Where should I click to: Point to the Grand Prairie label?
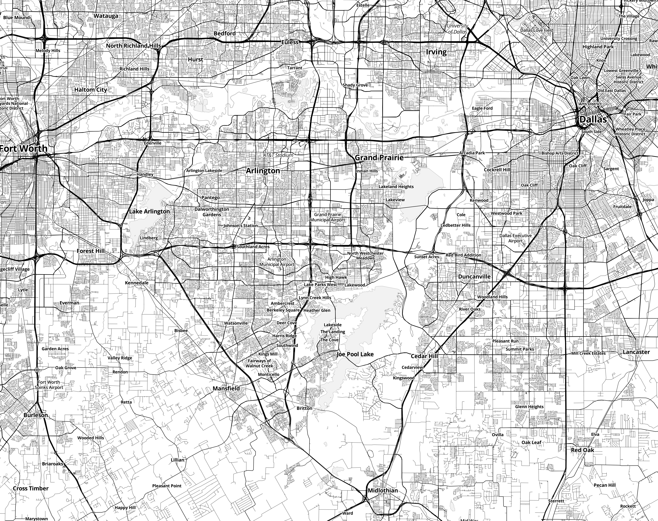[x=379, y=158]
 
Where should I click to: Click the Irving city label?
[x=436, y=52]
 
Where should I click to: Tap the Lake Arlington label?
[x=149, y=211]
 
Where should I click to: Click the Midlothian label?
[x=383, y=490]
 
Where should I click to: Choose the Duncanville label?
[x=474, y=277]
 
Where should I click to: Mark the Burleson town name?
[x=36, y=415]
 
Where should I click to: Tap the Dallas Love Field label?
[x=536, y=30]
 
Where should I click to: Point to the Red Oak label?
[x=582, y=450]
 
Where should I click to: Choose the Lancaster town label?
[x=636, y=352]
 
